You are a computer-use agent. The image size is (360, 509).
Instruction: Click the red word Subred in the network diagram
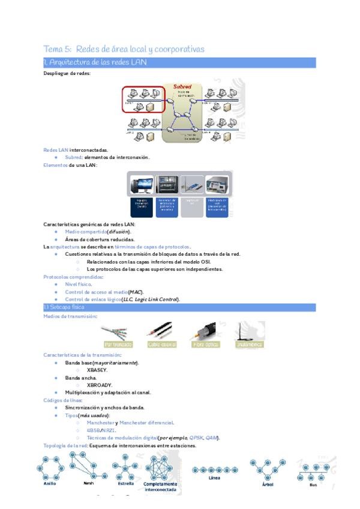tap(182, 87)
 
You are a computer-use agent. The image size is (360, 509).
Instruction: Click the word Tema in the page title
tap(53, 49)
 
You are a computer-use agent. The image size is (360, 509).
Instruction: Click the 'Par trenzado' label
tap(118, 345)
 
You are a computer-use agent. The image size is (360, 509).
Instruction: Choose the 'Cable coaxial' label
tap(162, 345)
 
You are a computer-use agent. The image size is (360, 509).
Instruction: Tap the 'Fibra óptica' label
tap(205, 345)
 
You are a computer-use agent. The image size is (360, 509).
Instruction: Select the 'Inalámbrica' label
tap(249, 345)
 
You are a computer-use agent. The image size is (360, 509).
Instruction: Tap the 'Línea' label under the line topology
tap(214, 478)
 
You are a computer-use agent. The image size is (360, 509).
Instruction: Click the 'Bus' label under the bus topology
tap(313, 484)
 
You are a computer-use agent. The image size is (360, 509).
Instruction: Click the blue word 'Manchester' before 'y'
tap(100, 423)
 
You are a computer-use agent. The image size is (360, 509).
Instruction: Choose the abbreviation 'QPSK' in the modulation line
tap(196, 438)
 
